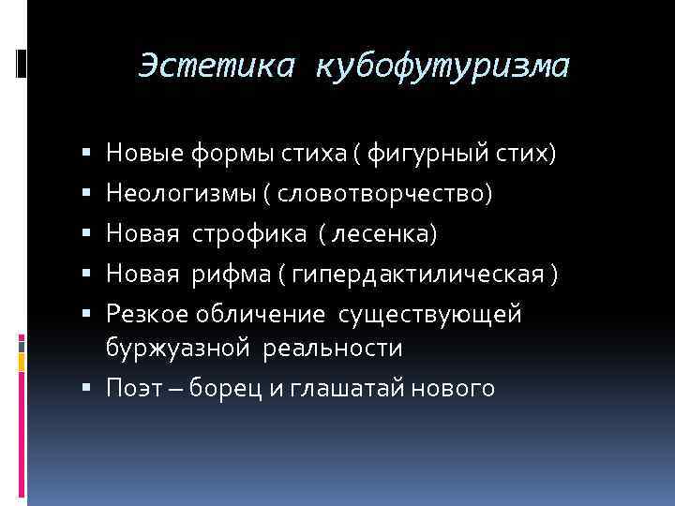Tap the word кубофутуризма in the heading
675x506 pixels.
442,66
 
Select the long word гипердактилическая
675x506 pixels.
419,274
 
